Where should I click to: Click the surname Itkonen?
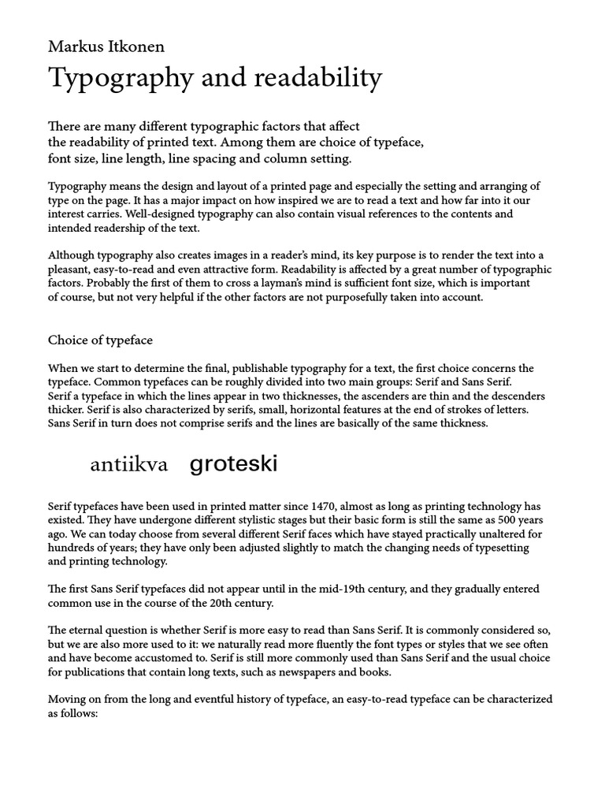[x=137, y=46]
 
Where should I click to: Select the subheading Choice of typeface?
[x=100, y=340]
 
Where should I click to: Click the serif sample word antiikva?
[x=129, y=465]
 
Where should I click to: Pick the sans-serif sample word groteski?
[x=234, y=464]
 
